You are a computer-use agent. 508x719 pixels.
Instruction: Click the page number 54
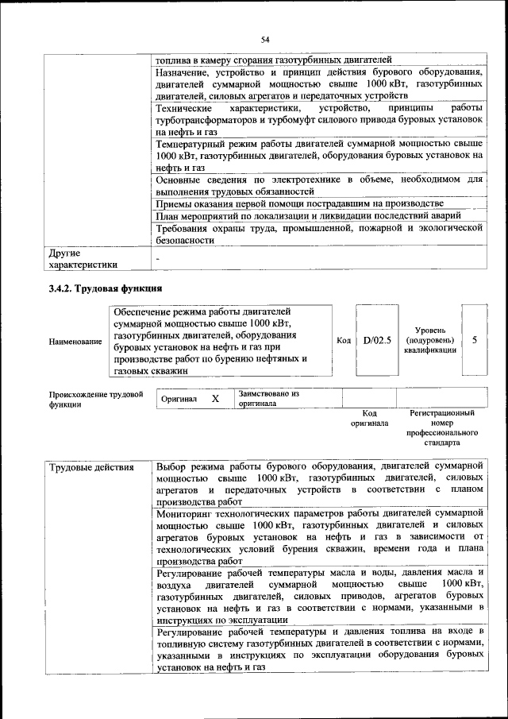tap(265, 40)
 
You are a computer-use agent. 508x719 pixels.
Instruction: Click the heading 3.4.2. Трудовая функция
tap(106, 288)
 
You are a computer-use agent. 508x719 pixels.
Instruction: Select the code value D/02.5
tap(377, 340)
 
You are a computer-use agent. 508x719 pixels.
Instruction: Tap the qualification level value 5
tap(474, 340)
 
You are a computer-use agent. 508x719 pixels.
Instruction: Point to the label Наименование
tap(75, 342)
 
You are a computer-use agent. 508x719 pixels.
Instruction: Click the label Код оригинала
tap(369, 419)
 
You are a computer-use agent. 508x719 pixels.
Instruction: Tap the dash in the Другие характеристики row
tap(158, 259)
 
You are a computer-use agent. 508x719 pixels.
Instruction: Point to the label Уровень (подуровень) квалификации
tap(429, 339)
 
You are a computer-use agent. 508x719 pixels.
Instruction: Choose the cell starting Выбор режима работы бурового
tap(319, 483)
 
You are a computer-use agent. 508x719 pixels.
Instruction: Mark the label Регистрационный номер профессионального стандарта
tap(442, 429)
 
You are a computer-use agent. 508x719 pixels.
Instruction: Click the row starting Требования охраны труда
tap(319, 234)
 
